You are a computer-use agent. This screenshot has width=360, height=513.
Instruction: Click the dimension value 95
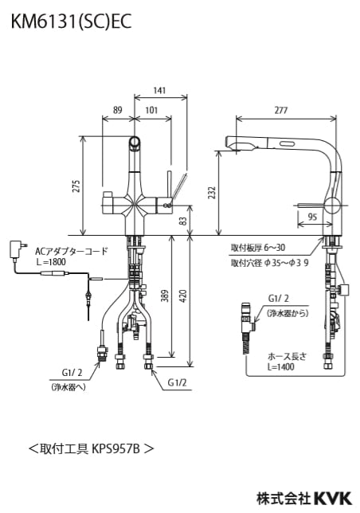tap(312, 215)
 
